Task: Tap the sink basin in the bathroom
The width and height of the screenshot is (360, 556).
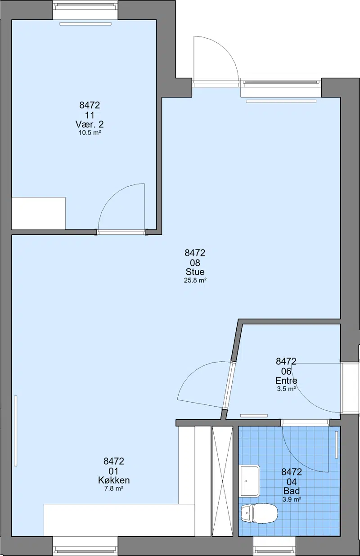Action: pos(249,481)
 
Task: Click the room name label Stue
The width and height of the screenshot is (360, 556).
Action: pos(195,272)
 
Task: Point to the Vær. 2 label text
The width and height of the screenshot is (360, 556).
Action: pos(90,124)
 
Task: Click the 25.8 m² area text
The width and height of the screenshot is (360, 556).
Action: pos(195,281)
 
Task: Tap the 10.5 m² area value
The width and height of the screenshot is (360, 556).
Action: pos(90,133)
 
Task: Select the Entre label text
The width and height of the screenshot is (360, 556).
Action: pos(286,381)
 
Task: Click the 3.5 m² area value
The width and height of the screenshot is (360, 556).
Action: pos(286,389)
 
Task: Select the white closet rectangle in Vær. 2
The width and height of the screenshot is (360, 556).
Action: pos(39,213)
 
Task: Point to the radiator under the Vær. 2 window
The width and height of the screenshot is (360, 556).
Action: pos(85,24)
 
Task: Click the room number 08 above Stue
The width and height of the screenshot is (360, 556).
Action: pos(195,263)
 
